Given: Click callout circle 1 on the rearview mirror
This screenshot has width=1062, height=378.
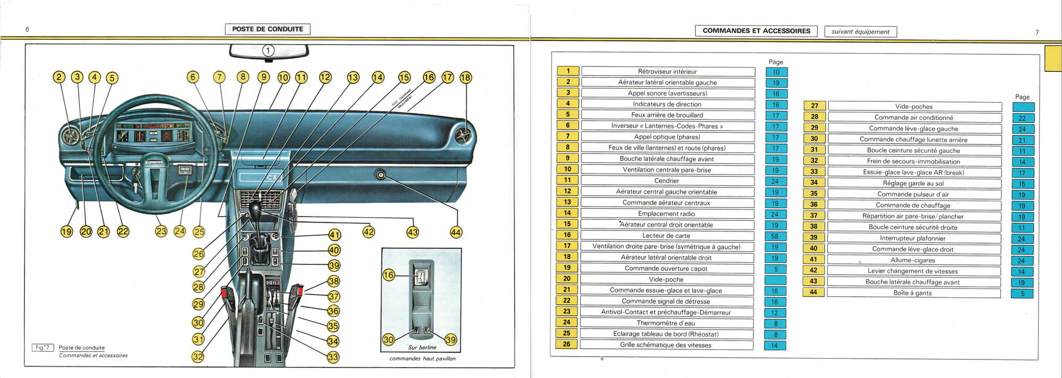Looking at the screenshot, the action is tap(269, 50).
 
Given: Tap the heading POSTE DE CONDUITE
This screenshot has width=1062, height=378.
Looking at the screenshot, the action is tap(268, 29).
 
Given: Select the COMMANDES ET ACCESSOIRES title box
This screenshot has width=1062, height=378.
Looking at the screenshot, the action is tap(757, 31).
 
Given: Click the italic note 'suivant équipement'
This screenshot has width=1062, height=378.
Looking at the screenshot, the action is tap(860, 32).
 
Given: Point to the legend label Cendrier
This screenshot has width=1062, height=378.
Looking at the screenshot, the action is tap(666, 181).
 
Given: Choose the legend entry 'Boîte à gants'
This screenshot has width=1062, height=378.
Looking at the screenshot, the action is tap(912, 293).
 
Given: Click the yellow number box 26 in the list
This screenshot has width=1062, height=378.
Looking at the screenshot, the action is tap(567, 345).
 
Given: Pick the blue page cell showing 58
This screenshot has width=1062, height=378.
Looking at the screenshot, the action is tap(775, 236).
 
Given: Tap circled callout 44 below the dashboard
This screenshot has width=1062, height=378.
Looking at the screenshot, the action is tap(456, 232).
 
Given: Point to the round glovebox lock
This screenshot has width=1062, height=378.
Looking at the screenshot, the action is tap(381, 174).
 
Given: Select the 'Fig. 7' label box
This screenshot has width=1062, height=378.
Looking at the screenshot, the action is tap(42, 348).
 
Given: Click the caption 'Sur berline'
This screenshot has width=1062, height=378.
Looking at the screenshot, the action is tap(422, 348).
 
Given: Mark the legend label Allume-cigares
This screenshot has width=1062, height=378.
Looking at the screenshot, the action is tap(913, 260).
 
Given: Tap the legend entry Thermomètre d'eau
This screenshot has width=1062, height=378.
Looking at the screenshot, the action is tap(666, 323).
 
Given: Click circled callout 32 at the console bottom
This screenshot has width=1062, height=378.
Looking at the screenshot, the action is tap(198, 356).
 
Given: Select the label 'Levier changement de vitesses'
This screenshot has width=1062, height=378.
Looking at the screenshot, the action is tap(913, 271).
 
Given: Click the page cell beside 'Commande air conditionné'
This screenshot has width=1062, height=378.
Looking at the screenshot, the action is tap(1022, 118).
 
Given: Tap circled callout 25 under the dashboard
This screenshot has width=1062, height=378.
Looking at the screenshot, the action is tap(199, 231).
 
